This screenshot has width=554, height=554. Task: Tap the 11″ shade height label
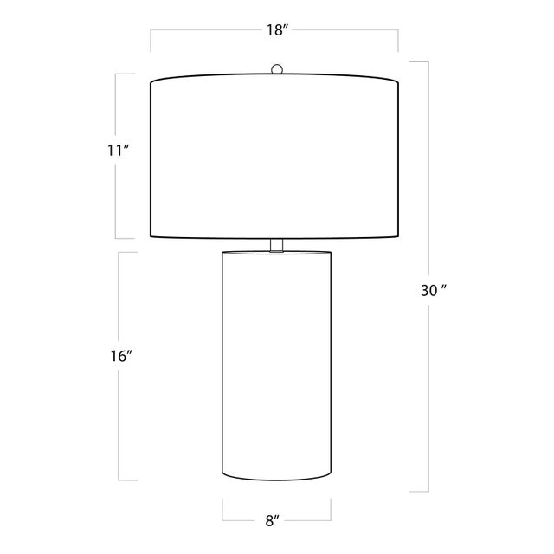click(117, 151)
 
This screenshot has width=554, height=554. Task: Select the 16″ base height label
click(121, 356)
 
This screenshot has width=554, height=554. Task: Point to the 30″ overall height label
click(433, 291)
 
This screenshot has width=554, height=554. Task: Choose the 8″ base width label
click(272, 521)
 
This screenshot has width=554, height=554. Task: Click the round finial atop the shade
click(277, 69)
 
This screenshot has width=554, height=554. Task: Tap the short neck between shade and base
click(277, 245)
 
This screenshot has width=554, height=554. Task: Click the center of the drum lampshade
click(274, 156)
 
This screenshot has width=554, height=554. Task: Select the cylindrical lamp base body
click(277, 365)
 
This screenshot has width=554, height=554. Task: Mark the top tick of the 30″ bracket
click(419, 62)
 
